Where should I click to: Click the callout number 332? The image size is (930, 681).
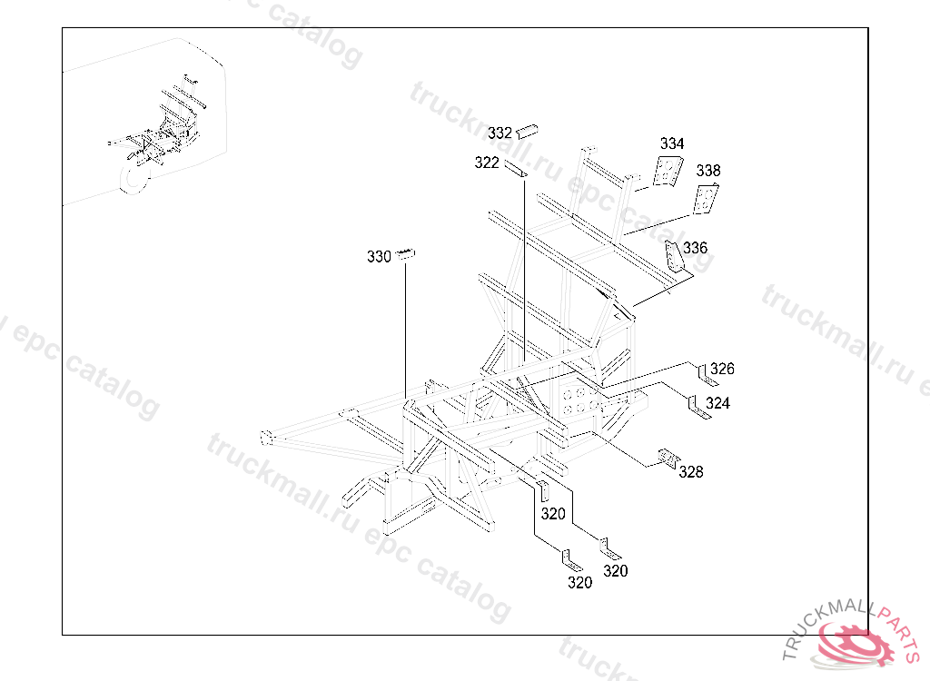coord(500,133)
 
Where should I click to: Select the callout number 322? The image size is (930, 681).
coord(487,163)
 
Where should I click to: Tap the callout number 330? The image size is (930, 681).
coord(379,256)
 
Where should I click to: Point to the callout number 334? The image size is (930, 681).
coord(672,143)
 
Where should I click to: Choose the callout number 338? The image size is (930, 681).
coord(708,171)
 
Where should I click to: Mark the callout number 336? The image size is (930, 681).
coord(695,247)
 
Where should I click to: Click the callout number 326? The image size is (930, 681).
coord(722,369)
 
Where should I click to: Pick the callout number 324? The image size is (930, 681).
coord(717,403)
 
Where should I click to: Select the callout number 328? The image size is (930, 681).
coord(691,471)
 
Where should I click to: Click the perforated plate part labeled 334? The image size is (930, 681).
coord(668,171)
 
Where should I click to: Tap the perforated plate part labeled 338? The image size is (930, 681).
coord(706,199)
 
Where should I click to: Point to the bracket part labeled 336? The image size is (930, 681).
coord(672,257)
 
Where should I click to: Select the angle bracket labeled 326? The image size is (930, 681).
coord(706,376)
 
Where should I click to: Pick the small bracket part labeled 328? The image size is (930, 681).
coord(669,458)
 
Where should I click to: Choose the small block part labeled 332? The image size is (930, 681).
coord(527,131)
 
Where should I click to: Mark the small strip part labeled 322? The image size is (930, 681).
coord(516,169)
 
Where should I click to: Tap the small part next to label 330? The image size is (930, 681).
coord(406,254)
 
